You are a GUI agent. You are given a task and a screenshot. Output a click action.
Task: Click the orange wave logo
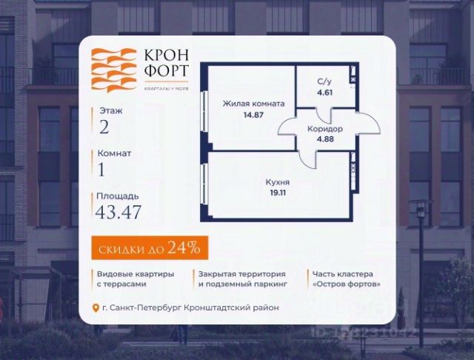coord(113,70)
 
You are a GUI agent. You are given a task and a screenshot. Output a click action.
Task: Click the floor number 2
coord(104,127)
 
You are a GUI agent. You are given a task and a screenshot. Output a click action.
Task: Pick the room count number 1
coord(102,170)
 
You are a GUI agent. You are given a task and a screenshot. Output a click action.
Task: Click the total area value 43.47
coord(118,213)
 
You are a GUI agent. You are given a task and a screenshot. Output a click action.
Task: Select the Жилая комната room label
coord(253,104)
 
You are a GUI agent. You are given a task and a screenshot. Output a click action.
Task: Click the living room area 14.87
coord(253,116)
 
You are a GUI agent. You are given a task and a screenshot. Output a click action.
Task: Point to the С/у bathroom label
coord(324,82)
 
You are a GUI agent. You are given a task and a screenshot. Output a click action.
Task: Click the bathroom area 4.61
coord(324,93)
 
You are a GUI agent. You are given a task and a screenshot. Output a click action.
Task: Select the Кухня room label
coord(278,181)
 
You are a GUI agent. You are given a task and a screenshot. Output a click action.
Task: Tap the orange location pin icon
coord(96,308)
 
